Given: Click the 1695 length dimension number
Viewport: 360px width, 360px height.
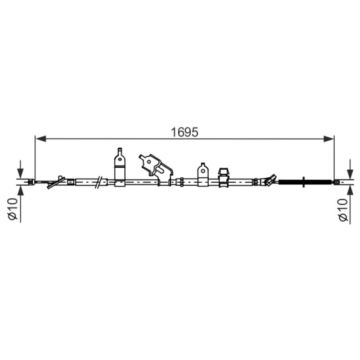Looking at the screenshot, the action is pyautogui.click(x=184, y=132).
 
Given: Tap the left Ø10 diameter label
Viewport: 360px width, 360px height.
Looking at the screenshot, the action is pyautogui.click(x=13, y=209).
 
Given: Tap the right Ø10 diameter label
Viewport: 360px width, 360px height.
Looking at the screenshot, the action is pyautogui.click(x=343, y=210).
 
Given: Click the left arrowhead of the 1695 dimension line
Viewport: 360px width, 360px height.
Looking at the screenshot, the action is pyautogui.click(x=40, y=139).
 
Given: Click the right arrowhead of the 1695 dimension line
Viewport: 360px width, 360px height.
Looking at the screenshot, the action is pyautogui.click(x=328, y=139).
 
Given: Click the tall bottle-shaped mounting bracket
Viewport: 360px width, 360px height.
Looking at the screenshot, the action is pyautogui.click(x=120, y=167).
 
